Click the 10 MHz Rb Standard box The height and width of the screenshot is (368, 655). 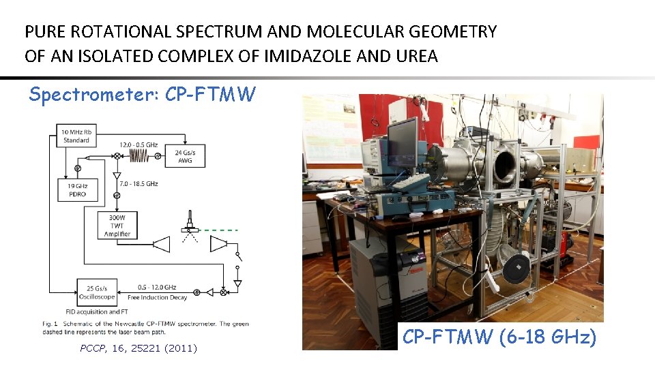point(76,136)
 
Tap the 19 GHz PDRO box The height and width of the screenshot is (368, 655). point(77,189)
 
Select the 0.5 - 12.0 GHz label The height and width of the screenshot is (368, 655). point(156,286)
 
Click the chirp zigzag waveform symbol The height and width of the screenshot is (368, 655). point(140,156)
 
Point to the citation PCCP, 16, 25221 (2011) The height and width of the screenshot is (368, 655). point(139,348)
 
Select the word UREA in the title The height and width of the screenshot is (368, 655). point(416,56)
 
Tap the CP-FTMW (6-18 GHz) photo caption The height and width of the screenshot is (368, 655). point(499,337)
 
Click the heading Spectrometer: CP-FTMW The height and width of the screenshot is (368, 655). point(142,95)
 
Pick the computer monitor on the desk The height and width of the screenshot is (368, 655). point(403,141)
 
